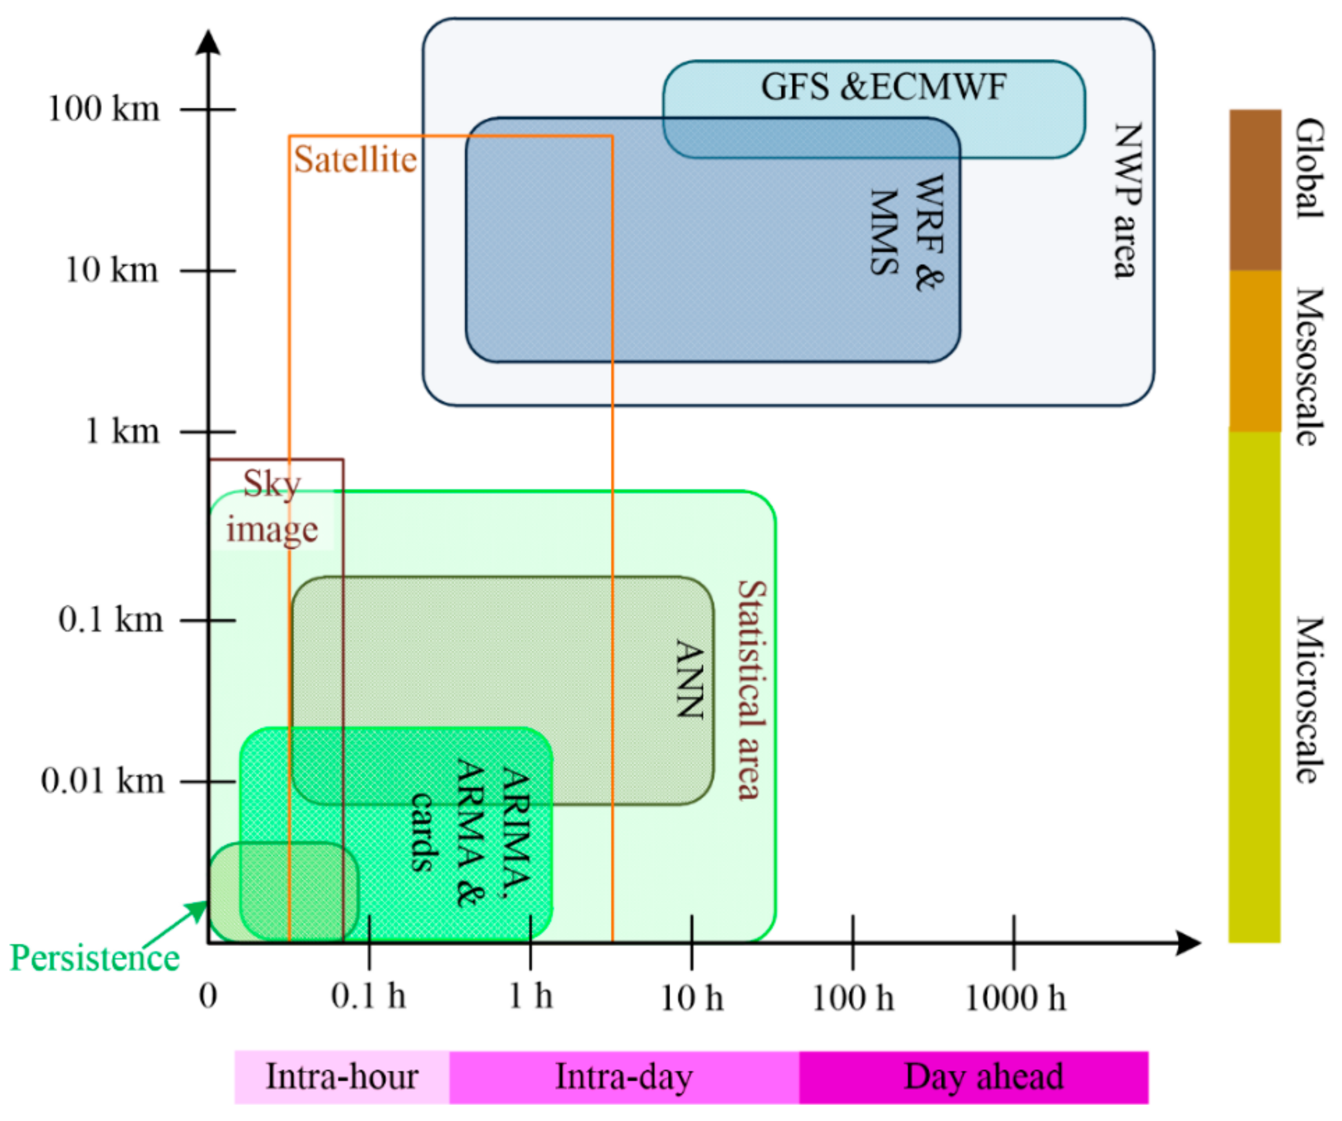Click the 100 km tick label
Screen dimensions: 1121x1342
point(104,108)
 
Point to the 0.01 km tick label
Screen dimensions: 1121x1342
point(102,780)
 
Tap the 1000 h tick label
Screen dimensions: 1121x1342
point(1015,998)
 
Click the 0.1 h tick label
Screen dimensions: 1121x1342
point(368,996)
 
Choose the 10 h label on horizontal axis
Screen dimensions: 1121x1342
point(691,998)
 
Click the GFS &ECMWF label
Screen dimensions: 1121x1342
point(883,87)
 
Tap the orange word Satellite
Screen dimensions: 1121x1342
point(355,159)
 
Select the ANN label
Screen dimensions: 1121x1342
point(690,679)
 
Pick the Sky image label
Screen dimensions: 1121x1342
point(272,507)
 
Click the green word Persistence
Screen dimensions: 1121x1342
point(95,958)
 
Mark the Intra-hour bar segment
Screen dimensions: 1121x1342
point(341,1077)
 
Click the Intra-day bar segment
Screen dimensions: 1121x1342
point(624,1077)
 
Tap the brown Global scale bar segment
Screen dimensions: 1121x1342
point(1255,190)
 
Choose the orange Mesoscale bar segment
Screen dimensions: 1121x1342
point(1255,351)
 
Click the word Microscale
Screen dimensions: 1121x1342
point(1309,700)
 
